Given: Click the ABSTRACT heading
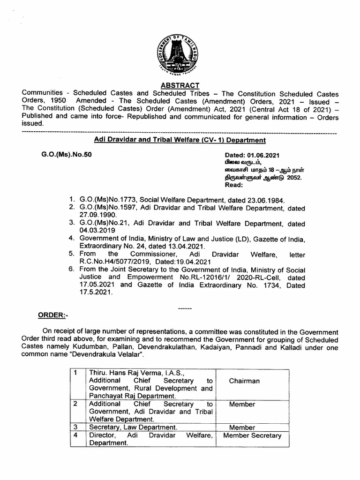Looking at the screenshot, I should (x=180, y=85).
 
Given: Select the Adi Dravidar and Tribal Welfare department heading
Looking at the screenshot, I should (x=180, y=140).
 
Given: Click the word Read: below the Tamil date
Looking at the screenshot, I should (x=235, y=185).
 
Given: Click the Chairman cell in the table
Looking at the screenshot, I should (x=244, y=381).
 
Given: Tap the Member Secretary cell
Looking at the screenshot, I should (x=252, y=435).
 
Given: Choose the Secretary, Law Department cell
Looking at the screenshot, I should (x=133, y=427).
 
